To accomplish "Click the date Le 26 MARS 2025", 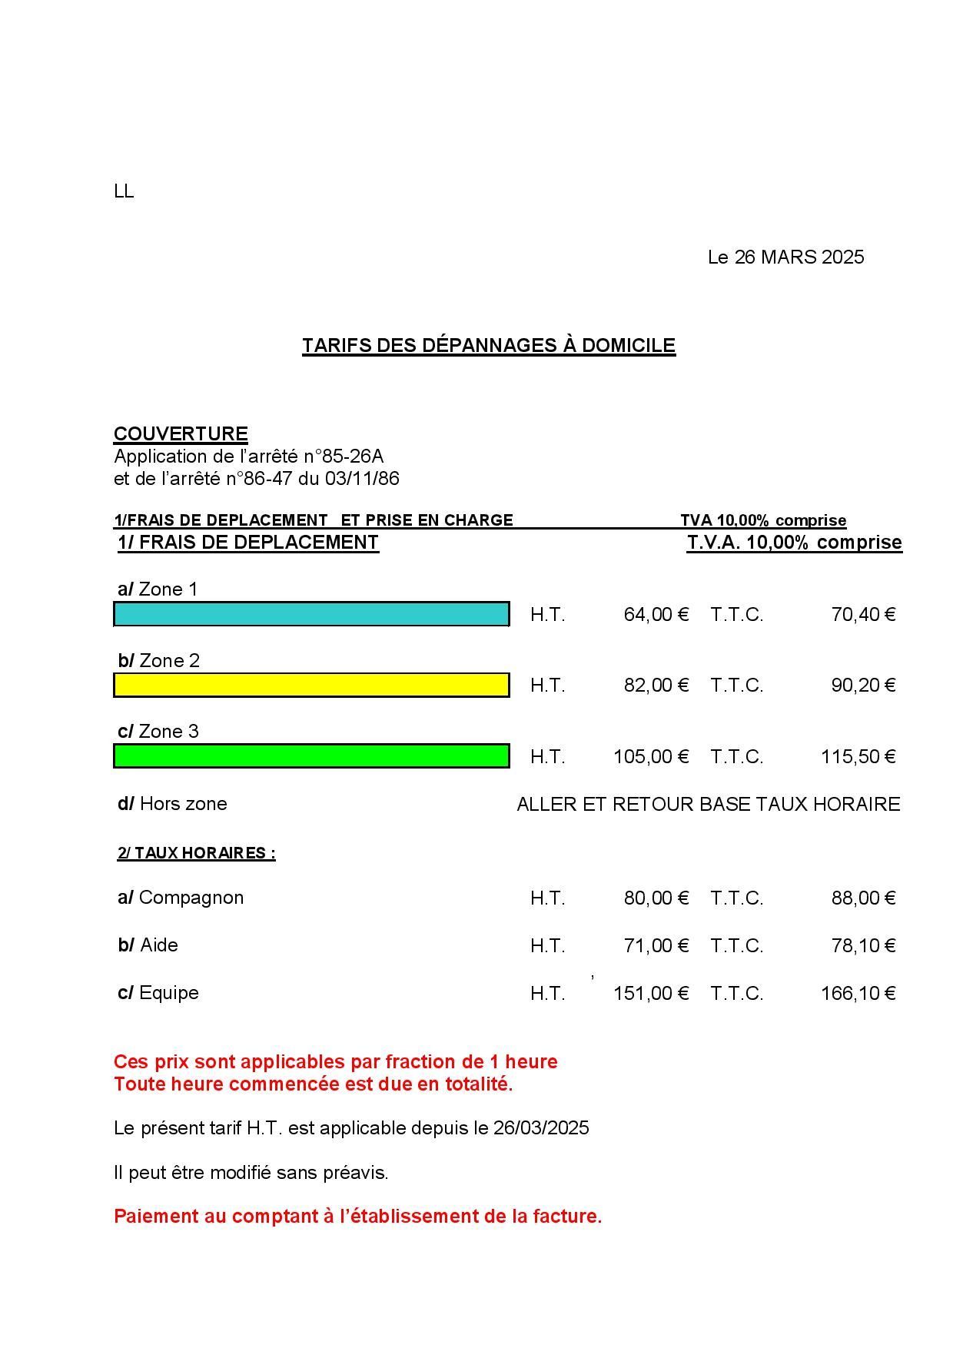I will (785, 257).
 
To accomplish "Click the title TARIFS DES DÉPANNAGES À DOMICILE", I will (488, 345).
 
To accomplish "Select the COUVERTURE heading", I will (181, 433).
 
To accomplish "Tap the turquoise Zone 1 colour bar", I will (311, 614).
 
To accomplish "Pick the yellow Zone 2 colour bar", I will (311, 685).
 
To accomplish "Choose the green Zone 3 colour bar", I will (311, 755).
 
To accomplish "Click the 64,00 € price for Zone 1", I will (656, 614).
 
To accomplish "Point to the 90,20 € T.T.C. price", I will (863, 685).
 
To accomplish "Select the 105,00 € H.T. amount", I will (650, 756).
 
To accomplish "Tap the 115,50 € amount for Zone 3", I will (858, 756).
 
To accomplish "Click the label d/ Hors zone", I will (172, 804).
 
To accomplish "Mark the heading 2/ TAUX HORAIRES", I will (196, 853).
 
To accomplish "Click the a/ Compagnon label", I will (181, 898).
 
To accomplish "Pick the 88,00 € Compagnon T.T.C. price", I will (863, 898).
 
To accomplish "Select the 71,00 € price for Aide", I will (656, 945).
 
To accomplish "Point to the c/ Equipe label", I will (158, 993).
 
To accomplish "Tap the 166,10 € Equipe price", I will (858, 993).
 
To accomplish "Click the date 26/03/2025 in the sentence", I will (541, 1128).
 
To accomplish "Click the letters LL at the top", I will (124, 191).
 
